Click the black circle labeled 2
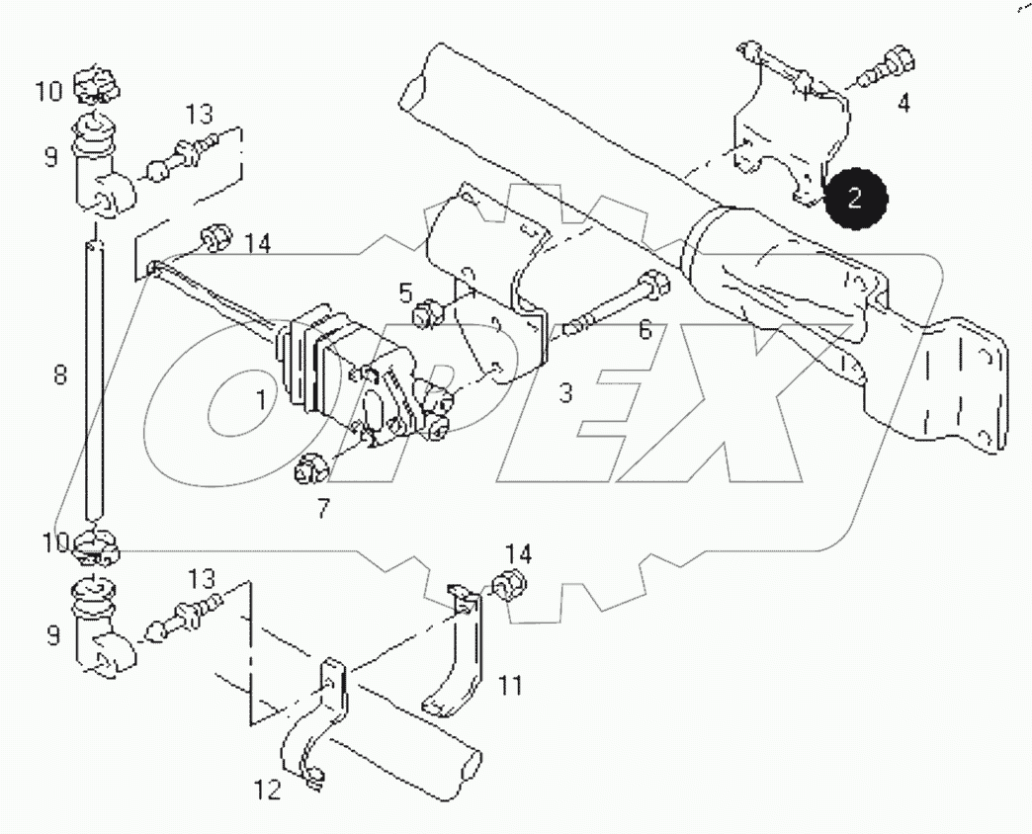[x=856, y=197]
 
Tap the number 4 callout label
[x=903, y=103]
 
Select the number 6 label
[x=645, y=330]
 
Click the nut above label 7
[x=308, y=466]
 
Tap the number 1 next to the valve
[x=260, y=399]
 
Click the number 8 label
[x=60, y=376]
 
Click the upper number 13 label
[x=199, y=114]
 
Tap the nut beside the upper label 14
[x=215, y=237]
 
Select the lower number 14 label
[x=519, y=553]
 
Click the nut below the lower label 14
[x=511, y=586]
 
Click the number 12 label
[x=268, y=790]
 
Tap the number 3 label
[x=564, y=393]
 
